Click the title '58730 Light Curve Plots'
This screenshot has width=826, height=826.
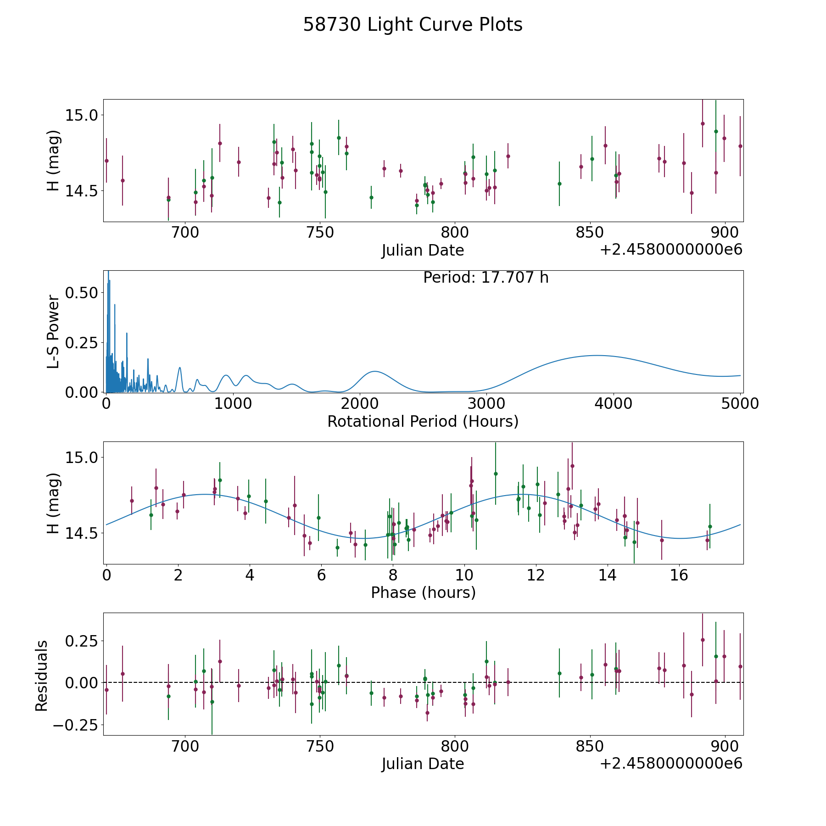pyautogui.click(x=413, y=25)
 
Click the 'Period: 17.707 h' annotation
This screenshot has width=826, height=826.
pyautogui.click(x=486, y=278)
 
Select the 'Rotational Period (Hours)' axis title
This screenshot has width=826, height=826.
pyautogui.click(x=423, y=421)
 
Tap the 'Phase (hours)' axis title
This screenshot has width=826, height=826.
pyautogui.click(x=423, y=592)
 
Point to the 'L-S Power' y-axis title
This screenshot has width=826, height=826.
pyautogui.click(x=53, y=332)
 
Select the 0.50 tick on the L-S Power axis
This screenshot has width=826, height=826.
pyautogui.click(x=81, y=293)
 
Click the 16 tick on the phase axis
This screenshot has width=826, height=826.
pyautogui.click(x=679, y=575)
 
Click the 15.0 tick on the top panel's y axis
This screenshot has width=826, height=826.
pyautogui.click(x=82, y=115)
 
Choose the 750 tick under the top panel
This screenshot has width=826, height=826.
pyautogui.click(x=319, y=233)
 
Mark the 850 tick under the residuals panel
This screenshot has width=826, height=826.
pyautogui.click(x=590, y=746)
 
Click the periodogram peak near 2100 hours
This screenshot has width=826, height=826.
pyautogui.click(x=375, y=371)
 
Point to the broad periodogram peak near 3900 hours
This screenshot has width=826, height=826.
pyautogui.click(x=596, y=356)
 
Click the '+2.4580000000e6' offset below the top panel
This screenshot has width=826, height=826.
pyautogui.click(x=671, y=250)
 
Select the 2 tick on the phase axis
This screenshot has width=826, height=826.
pyautogui.click(x=178, y=575)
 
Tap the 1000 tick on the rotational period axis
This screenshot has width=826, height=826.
pyautogui.click(x=233, y=404)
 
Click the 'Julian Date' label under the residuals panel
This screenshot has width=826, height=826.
pyautogui.click(x=423, y=764)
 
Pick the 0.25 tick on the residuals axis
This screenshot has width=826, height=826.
pyautogui.click(x=82, y=641)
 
